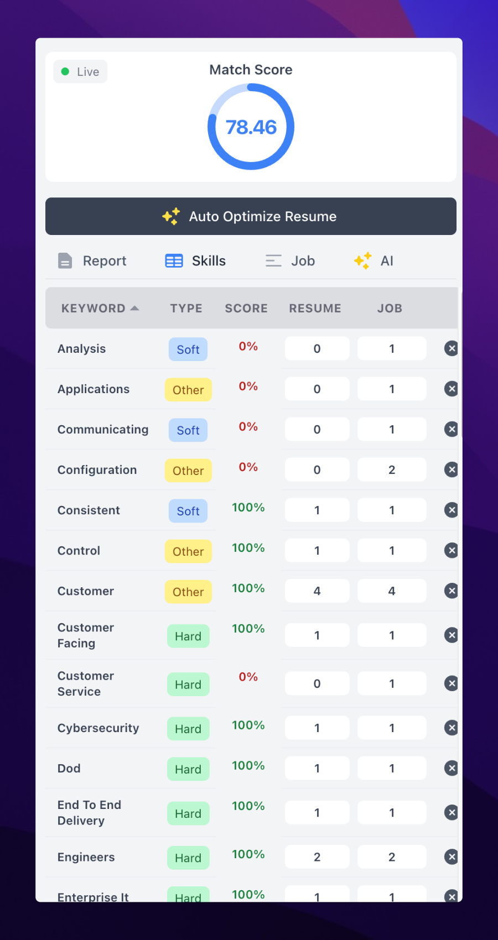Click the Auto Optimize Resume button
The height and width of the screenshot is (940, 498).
pos(251,216)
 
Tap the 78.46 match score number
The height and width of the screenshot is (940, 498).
pos(251,127)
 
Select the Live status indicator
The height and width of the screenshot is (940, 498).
pos(80,72)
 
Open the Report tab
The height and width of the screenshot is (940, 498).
pos(92,261)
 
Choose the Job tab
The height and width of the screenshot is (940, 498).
pos(290,261)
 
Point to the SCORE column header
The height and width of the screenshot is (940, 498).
pos(246,309)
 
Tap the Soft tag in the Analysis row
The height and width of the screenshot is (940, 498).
pos(188,349)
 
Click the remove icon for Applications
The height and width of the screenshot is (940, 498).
pos(452,389)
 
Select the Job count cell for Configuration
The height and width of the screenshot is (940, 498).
pos(391,470)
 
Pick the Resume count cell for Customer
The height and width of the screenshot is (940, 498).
pos(317,591)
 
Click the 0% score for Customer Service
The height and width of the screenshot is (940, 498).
pos(248,677)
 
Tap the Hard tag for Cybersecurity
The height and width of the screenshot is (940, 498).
pos(188,729)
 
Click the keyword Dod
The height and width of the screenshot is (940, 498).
pos(69,769)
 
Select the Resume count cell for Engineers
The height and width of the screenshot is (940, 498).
pos(317,857)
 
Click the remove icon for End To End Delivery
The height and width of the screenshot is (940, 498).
pos(452,812)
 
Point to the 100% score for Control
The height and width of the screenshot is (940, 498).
pos(248,548)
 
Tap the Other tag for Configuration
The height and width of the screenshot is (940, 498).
pos(188,471)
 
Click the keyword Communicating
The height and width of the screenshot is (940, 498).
pos(103,430)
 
